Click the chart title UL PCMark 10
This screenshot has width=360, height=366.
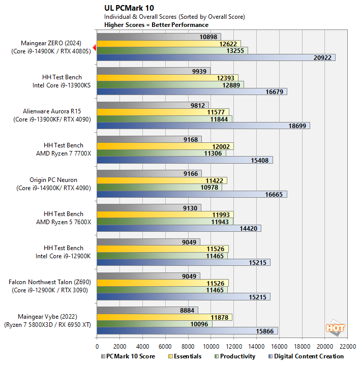[129, 8]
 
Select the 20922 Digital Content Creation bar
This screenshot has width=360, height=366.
[216, 57]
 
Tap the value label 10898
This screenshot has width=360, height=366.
[209, 37]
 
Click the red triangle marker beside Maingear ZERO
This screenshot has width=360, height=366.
[95, 47]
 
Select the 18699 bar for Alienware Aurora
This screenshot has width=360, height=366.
[203, 126]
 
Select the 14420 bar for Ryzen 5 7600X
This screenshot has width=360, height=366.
[178, 228]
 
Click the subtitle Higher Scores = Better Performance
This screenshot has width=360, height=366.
[156, 24]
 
